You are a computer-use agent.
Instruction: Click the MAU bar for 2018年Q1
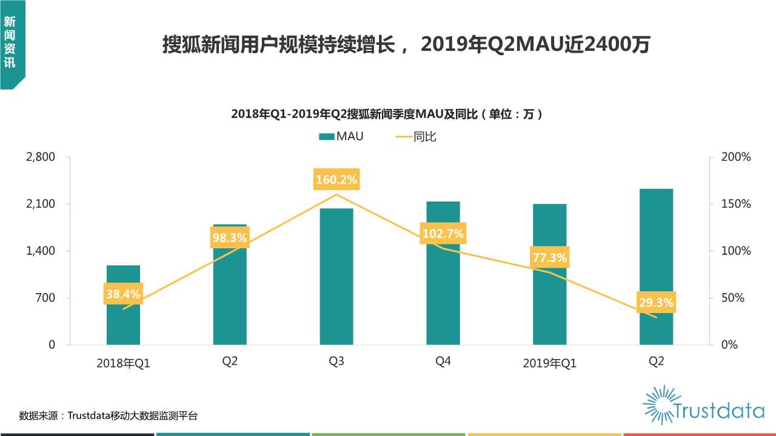[123, 321]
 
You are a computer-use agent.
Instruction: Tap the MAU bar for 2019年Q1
[549, 303]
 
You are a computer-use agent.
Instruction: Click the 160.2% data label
[336, 180]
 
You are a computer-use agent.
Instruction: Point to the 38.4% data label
[123, 295]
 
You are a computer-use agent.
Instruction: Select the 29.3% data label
[656, 302]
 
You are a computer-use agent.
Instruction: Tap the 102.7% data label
[443, 234]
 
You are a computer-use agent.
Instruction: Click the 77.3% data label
[549, 258]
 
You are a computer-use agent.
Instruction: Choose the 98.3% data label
[230, 238]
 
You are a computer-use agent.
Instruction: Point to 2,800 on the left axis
[41, 157]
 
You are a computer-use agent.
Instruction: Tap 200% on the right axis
[736, 157]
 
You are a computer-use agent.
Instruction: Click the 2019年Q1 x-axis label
[549, 363]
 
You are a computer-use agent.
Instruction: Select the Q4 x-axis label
[443, 362]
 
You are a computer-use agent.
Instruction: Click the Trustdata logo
[703, 405]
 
